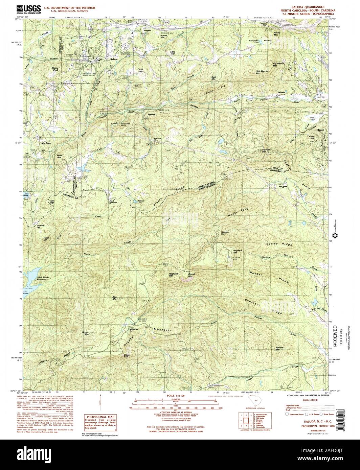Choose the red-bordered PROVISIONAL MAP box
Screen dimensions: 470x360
pos(100,424)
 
